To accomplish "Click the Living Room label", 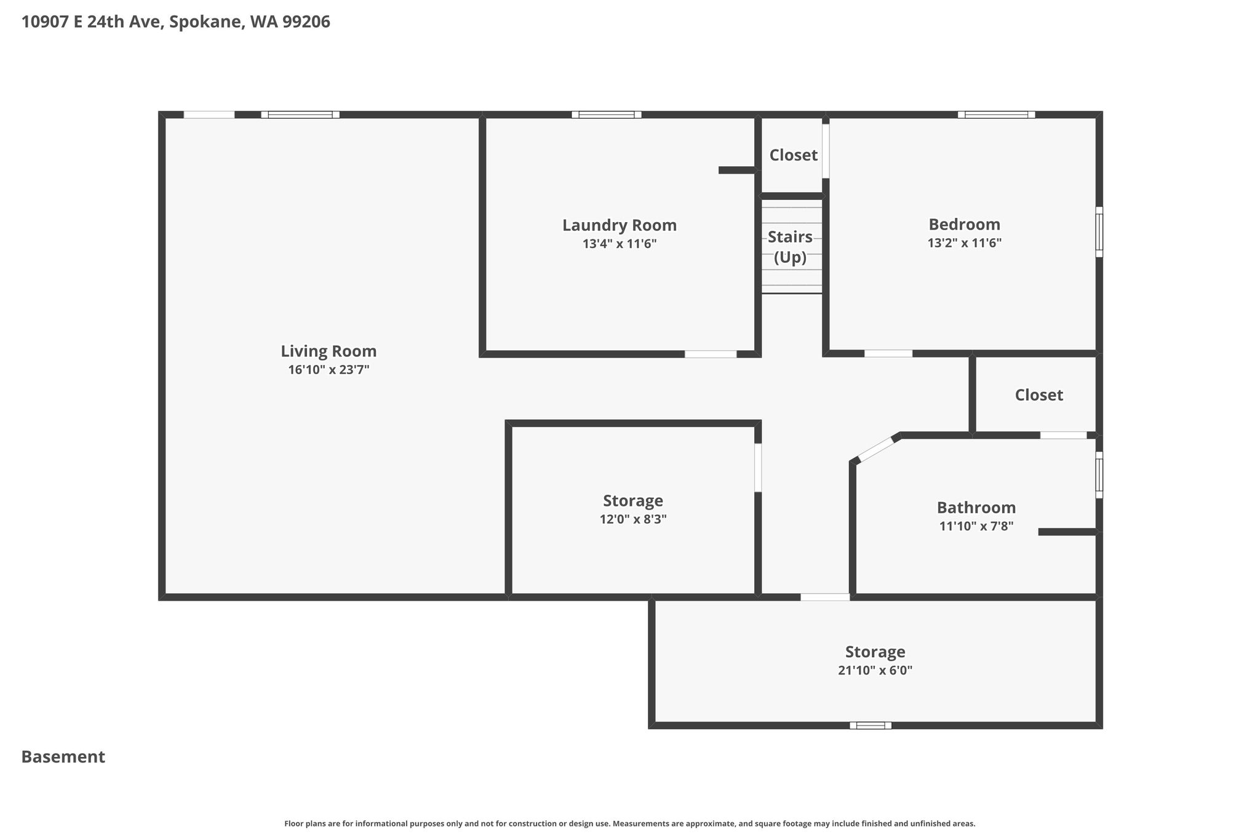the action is tap(329, 351).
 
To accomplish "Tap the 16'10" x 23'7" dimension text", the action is tap(329, 370).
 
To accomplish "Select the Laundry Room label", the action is tap(620, 226).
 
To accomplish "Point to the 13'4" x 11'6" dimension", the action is tap(620, 244).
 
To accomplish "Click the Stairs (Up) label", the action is tap(790, 247).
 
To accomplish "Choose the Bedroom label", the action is tap(964, 225).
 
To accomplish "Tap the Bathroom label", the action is tap(976, 508).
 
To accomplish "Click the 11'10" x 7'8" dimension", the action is tap(976, 526).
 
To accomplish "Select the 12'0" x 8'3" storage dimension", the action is tap(633, 519).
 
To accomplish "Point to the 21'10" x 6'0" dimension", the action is tap(875, 670).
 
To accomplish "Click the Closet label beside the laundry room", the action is tap(793, 155).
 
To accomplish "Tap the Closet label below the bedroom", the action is tap(1039, 395).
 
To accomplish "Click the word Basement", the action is tap(63, 757).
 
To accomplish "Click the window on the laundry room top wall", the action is tap(607, 114).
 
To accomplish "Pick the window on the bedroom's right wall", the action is tap(1099, 232).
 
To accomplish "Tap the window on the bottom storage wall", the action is tap(871, 726).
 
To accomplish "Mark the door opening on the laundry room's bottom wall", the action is tap(711, 354).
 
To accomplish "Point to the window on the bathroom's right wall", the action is tap(1099, 475).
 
